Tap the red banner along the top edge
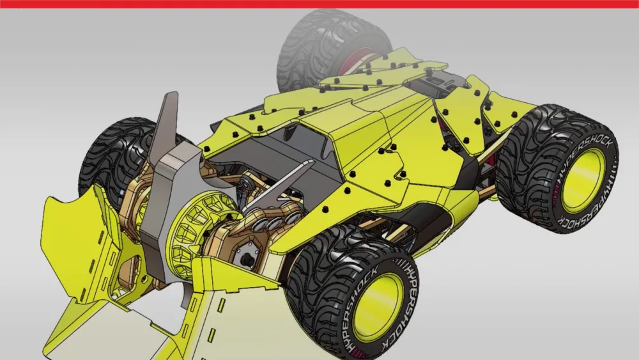(319, 4)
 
